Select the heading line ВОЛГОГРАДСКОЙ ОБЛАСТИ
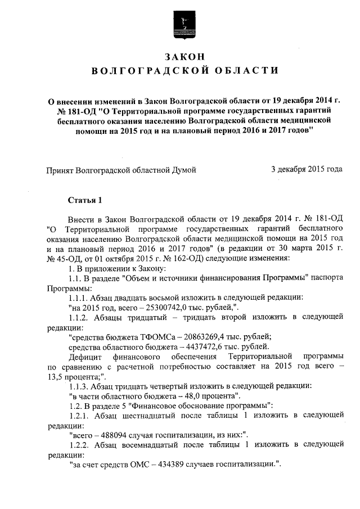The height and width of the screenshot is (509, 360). tap(184, 71)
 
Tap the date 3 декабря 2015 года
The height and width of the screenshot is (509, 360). tap(307, 169)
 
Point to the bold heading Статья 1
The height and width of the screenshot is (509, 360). tap(85, 200)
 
